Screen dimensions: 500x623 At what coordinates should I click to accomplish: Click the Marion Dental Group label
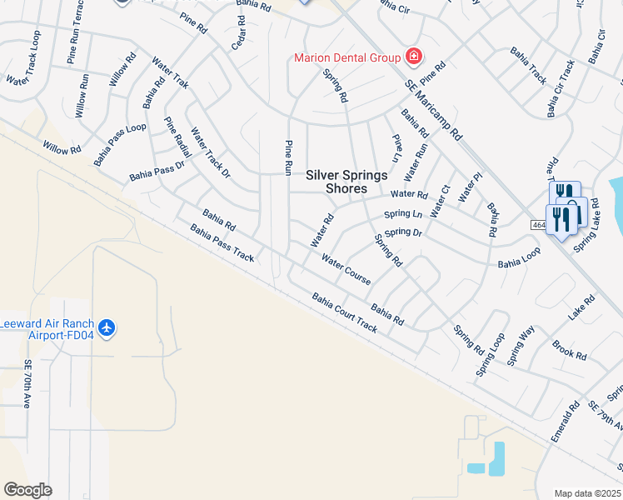click(x=347, y=57)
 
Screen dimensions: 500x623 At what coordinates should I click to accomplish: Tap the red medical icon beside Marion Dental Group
click(x=412, y=57)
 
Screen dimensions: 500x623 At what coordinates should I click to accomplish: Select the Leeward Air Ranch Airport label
click(x=47, y=329)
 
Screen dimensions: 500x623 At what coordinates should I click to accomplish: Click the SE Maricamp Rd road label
click(x=433, y=109)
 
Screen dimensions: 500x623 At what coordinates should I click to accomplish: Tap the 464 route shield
click(x=539, y=225)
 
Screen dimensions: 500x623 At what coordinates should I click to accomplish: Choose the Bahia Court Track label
click(x=345, y=312)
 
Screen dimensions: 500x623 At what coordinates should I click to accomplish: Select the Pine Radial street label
click(x=177, y=137)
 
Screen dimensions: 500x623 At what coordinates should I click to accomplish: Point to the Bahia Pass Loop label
click(x=119, y=143)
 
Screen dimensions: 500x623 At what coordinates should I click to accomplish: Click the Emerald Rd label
click(x=564, y=422)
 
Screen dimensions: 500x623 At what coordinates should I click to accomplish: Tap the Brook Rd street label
click(x=569, y=349)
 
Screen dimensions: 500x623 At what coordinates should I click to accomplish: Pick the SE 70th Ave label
click(x=27, y=383)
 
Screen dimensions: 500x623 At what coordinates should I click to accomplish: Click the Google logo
click(x=27, y=489)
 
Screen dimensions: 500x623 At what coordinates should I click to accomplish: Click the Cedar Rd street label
click(x=239, y=31)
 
